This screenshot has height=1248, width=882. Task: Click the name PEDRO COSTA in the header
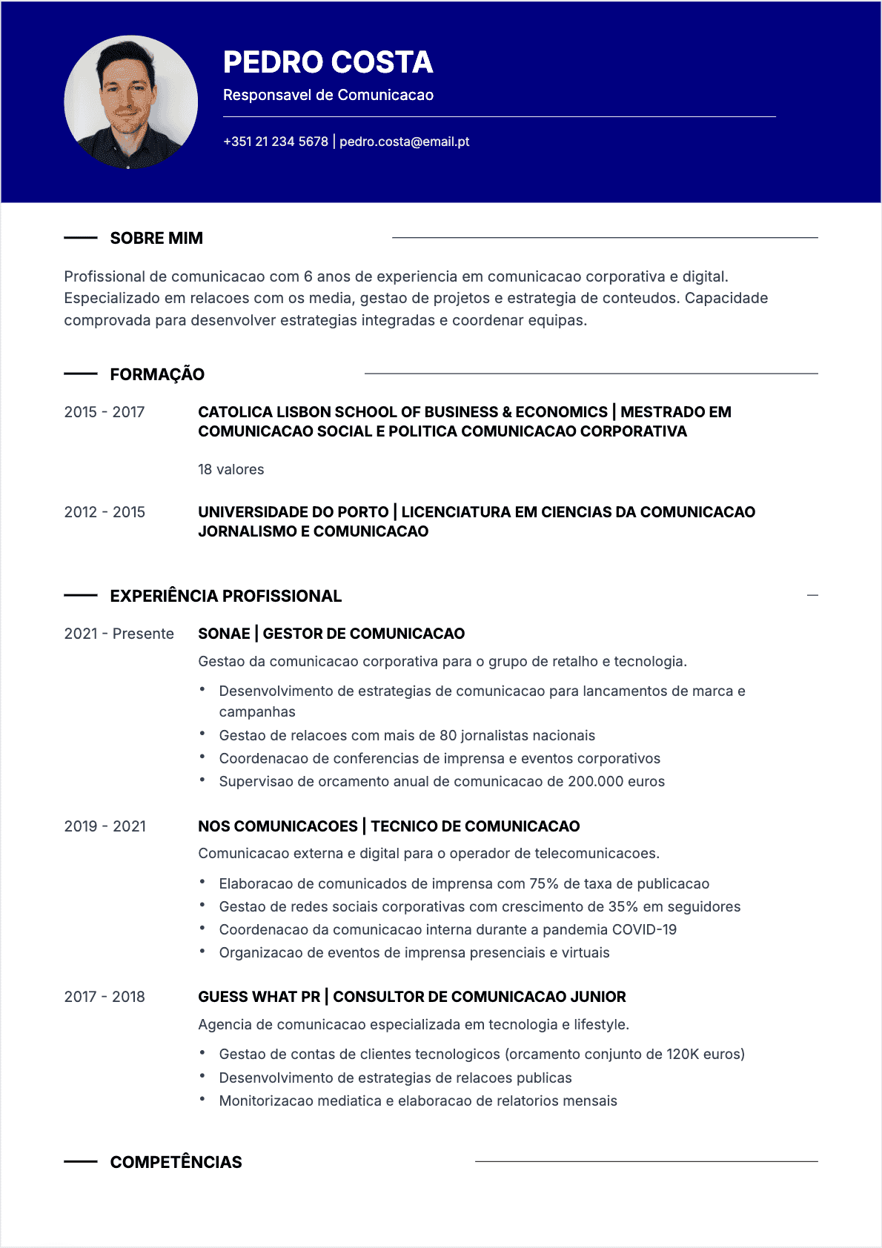coord(328,62)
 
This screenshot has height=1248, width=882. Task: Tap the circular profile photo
coord(131,102)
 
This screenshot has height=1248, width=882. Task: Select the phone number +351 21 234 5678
coord(276,142)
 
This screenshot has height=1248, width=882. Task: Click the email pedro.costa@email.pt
coord(404,142)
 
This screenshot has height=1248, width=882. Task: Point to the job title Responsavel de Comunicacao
coord(328,95)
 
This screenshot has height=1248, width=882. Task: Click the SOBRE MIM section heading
coord(156,238)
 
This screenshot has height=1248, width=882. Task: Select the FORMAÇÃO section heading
coord(157,374)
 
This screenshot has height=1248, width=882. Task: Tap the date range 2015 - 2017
coord(105,412)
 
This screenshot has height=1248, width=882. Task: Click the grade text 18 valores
coord(231,469)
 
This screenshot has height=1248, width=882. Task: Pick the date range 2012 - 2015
coord(105,512)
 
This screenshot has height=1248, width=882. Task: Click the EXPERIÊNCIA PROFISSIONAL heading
coord(226,596)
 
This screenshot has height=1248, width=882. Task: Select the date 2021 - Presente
coord(119,634)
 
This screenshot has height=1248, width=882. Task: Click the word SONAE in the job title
coord(224,634)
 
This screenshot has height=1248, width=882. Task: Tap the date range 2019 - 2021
coord(105,826)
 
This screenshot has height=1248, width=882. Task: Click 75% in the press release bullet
coord(544,883)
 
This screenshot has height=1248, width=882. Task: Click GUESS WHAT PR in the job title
coord(259,997)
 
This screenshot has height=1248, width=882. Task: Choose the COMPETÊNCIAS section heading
coord(176,1162)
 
